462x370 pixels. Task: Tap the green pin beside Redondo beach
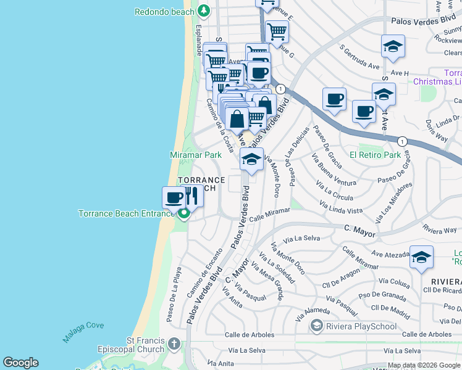coord(204,10)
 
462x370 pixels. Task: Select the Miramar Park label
coord(195,155)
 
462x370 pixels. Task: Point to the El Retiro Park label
coord(375,155)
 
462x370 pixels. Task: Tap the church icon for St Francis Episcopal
coord(175,343)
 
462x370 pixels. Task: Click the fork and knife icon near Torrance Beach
coord(191,196)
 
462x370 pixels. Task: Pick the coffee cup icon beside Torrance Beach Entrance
coord(174,197)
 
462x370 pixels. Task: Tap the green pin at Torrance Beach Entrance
coord(183,214)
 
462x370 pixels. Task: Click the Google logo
coord(20,363)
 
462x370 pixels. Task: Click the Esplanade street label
coord(199,40)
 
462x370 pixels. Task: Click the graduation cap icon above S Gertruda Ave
coord(393,46)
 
